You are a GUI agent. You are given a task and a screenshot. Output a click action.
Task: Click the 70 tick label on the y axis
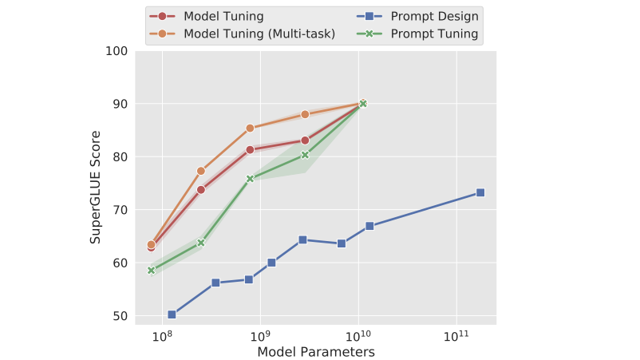pyautogui.click(x=120, y=210)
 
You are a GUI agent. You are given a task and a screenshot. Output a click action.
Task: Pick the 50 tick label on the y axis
pyautogui.click(x=120, y=316)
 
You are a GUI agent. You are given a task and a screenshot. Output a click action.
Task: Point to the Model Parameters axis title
pyautogui.click(x=316, y=350)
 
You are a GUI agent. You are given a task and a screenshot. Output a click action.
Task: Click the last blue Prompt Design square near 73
pyautogui.click(x=480, y=192)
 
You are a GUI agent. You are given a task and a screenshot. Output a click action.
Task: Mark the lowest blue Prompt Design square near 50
pyautogui.click(x=172, y=315)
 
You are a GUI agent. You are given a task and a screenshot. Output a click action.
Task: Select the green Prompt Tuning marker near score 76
pyautogui.click(x=250, y=179)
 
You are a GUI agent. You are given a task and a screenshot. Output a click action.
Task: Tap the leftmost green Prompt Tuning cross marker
pyautogui.click(x=151, y=270)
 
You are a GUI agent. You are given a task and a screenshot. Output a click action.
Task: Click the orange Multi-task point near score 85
pyautogui.click(x=250, y=128)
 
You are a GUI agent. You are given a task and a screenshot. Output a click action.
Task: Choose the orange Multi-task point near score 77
pyautogui.click(x=201, y=171)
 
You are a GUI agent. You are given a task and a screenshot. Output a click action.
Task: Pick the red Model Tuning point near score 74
pyautogui.click(x=201, y=189)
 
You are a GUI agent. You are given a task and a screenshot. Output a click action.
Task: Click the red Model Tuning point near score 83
pyautogui.click(x=305, y=140)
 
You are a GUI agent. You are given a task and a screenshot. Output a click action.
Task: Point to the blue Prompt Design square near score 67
pyautogui.click(x=369, y=226)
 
